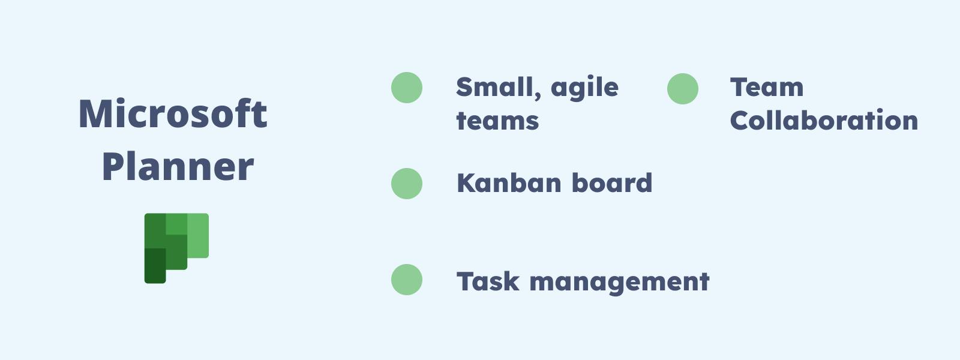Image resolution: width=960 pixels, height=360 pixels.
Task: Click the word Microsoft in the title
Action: click(173, 114)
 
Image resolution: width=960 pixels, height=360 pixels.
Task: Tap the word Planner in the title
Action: click(178, 167)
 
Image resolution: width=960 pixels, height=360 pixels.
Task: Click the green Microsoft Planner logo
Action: click(176, 247)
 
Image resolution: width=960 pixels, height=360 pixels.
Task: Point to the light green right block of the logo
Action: click(198, 235)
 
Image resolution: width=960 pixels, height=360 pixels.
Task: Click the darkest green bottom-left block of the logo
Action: click(155, 265)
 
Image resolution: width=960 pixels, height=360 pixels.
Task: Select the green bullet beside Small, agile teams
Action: click(407, 88)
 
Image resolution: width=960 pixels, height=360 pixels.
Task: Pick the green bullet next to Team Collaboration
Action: click(683, 89)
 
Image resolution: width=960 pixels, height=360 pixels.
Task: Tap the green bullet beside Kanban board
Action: click(407, 184)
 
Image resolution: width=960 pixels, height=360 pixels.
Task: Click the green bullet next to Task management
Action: click(407, 280)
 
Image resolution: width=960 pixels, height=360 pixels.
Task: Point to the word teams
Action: click(497, 121)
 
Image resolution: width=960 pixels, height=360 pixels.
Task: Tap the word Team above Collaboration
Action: click(767, 88)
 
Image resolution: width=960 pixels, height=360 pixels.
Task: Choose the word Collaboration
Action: click(824, 121)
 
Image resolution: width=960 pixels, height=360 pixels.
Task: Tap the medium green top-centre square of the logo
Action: click(176, 224)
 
